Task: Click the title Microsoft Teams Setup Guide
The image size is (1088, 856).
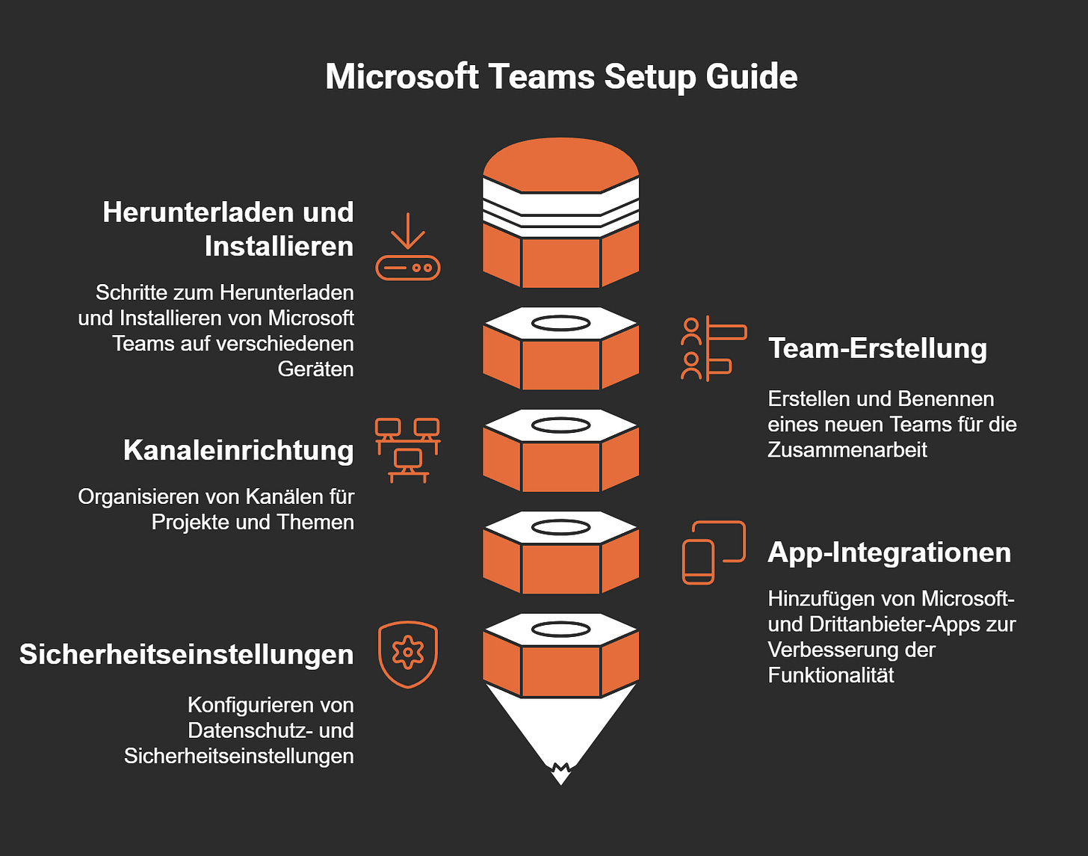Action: [561, 77]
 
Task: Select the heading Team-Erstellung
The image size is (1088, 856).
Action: [877, 348]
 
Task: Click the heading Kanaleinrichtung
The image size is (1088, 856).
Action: [238, 451]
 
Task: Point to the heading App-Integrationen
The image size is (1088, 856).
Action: [889, 552]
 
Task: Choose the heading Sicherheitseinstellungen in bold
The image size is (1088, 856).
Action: [187, 655]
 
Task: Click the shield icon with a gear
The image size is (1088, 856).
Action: [407, 654]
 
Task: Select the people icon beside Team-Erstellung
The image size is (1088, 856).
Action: [713, 348]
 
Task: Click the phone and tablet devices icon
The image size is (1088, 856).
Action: [714, 552]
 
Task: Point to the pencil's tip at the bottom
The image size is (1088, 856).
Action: [560, 774]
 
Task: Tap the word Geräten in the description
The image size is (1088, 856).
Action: [315, 369]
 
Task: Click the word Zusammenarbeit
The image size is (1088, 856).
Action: [847, 450]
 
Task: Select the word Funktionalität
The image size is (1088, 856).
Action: [831, 676]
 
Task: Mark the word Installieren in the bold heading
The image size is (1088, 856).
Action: [279, 247]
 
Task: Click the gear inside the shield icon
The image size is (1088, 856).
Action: [407, 652]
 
